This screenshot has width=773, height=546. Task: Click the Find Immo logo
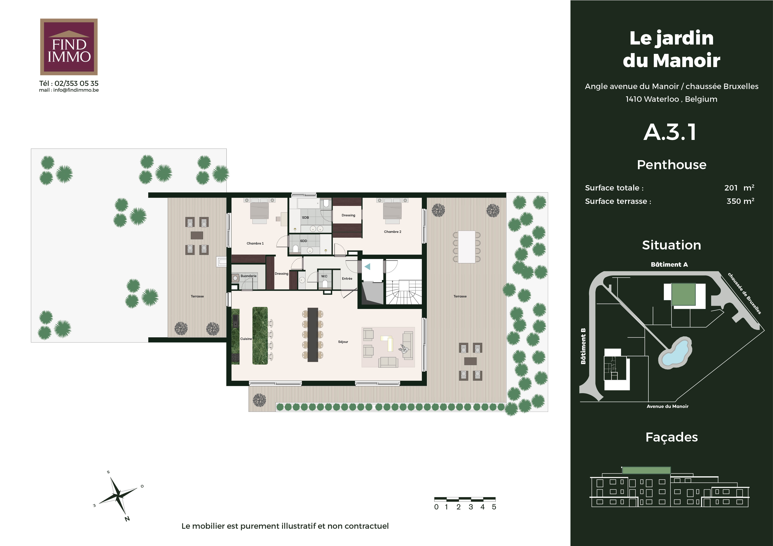(69, 47)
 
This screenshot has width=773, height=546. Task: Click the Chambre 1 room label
(255, 243)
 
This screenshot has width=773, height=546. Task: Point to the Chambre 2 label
(392, 232)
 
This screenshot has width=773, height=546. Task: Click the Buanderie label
(249, 276)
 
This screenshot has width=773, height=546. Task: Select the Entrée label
(347, 278)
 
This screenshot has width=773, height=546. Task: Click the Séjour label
(343, 342)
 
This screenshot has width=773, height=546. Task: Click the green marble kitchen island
(260, 336)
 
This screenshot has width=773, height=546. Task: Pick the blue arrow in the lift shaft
(367, 267)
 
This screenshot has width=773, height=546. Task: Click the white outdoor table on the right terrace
(467, 247)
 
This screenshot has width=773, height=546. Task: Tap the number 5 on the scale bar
(494, 507)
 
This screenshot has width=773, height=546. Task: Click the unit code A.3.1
(670, 132)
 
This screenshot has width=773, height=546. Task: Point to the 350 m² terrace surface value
(740, 201)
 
